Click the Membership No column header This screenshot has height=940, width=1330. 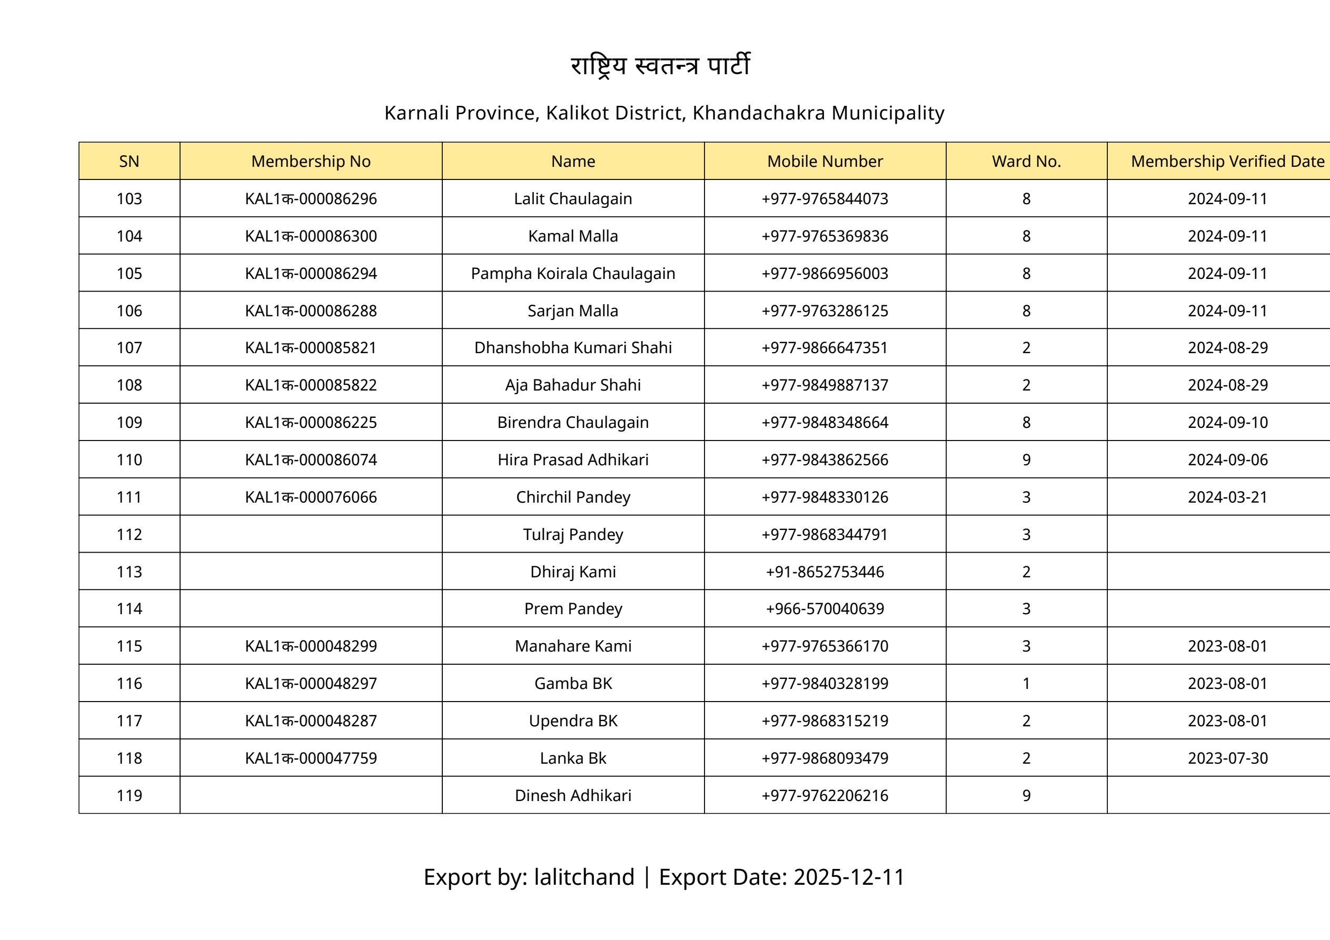click(x=311, y=161)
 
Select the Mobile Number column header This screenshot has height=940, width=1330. click(x=825, y=161)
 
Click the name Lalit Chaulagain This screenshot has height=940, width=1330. click(x=573, y=198)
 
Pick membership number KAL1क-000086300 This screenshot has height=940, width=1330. click(x=311, y=236)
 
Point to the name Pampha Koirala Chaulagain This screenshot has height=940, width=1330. click(x=573, y=273)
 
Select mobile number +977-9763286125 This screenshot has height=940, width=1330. click(x=825, y=311)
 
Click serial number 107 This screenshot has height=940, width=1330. click(x=129, y=348)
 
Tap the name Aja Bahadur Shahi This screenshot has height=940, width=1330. click(x=573, y=385)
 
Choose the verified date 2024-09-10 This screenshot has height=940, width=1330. click(x=1227, y=423)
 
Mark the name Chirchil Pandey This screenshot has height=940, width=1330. click(x=573, y=497)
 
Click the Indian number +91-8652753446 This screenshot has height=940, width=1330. click(x=825, y=572)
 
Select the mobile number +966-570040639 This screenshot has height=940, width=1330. click(x=825, y=609)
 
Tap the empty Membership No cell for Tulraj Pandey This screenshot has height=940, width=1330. click(x=311, y=534)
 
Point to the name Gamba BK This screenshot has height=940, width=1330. click(x=573, y=684)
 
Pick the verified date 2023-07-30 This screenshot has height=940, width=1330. click(x=1227, y=758)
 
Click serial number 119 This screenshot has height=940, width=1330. click(x=129, y=796)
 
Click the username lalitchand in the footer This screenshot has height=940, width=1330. click(x=584, y=877)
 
